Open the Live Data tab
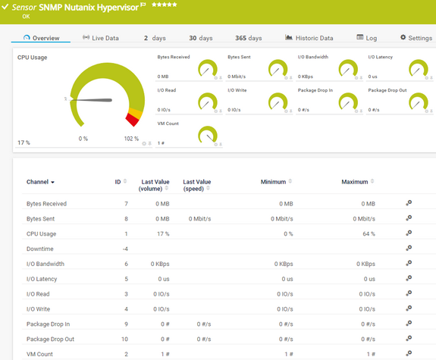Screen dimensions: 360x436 (x=101, y=38)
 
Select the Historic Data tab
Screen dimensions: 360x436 (x=309, y=38)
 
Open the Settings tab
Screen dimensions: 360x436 (x=415, y=38)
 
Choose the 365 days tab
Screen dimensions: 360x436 (x=248, y=38)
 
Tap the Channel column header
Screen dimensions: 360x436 (x=40, y=182)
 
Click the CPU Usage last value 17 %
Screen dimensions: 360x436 (x=162, y=233)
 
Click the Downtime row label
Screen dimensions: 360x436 (x=41, y=249)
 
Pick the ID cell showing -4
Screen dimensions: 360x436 (x=124, y=249)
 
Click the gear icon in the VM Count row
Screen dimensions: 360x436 (x=409, y=353)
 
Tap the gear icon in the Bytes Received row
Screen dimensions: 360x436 (x=409, y=203)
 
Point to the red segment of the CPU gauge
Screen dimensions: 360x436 (x=133, y=120)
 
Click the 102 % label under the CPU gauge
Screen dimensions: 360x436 (x=131, y=139)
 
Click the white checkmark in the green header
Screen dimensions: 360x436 (x=5, y=6)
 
